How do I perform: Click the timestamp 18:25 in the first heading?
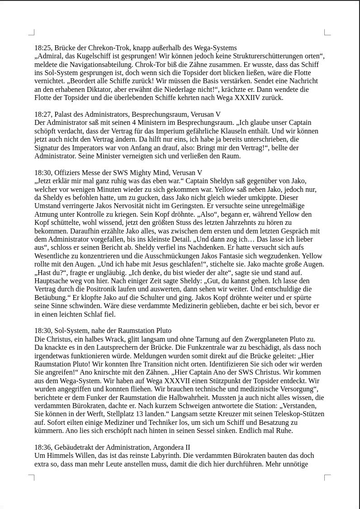click(43, 48)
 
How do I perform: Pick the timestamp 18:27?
click(43, 114)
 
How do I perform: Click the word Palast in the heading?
click(65, 114)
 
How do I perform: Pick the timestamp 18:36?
click(43, 447)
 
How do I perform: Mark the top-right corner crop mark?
click(327, 32)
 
